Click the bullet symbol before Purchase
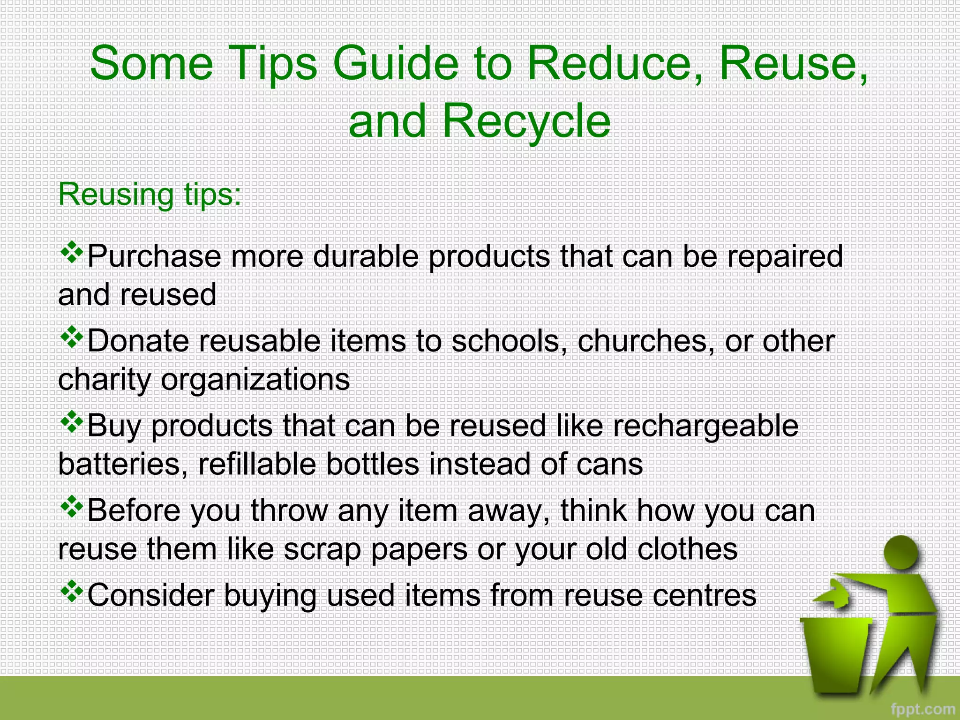[x=72, y=253]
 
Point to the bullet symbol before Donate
[x=72, y=338]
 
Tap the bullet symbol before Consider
[x=72, y=592]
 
